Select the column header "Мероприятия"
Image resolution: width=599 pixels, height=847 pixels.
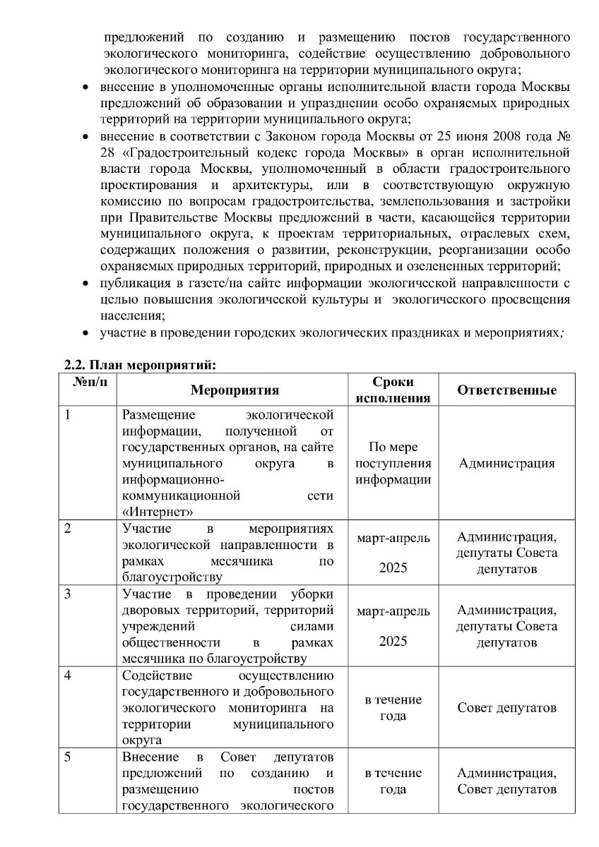click(235, 390)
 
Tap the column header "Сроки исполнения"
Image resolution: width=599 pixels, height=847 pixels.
click(393, 390)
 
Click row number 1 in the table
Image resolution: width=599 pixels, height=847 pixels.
click(68, 415)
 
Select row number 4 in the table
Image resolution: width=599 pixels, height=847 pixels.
click(68, 675)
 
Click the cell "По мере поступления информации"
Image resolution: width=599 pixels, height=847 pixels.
click(393, 464)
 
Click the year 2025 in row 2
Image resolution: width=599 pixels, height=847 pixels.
click(393, 567)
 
